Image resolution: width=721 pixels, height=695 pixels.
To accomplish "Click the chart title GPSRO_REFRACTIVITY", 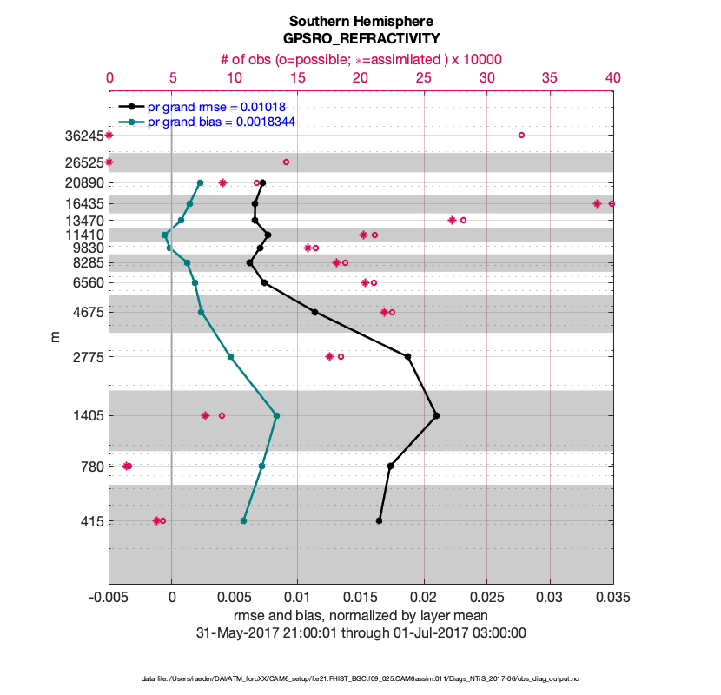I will (360, 39).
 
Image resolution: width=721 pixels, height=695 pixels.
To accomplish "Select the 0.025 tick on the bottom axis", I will (487, 598).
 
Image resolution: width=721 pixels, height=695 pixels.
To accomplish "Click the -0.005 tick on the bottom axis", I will (109, 598).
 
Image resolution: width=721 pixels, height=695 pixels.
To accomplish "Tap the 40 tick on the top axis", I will (613, 77).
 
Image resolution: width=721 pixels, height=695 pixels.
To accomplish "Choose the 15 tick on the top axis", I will (298, 77).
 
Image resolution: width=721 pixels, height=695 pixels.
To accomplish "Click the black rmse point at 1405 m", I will (436, 415).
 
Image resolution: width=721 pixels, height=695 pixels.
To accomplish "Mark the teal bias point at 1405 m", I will (276, 415).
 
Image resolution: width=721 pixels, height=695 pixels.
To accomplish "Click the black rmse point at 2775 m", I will (407, 356).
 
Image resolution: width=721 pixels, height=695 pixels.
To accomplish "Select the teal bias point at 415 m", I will (243, 520).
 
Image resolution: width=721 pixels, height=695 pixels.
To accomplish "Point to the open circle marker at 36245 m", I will (521, 135).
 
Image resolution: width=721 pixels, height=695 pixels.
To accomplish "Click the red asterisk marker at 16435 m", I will (597, 203).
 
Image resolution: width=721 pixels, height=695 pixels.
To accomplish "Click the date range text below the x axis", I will (360, 632).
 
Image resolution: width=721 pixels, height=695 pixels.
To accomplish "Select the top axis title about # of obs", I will (360, 59).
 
